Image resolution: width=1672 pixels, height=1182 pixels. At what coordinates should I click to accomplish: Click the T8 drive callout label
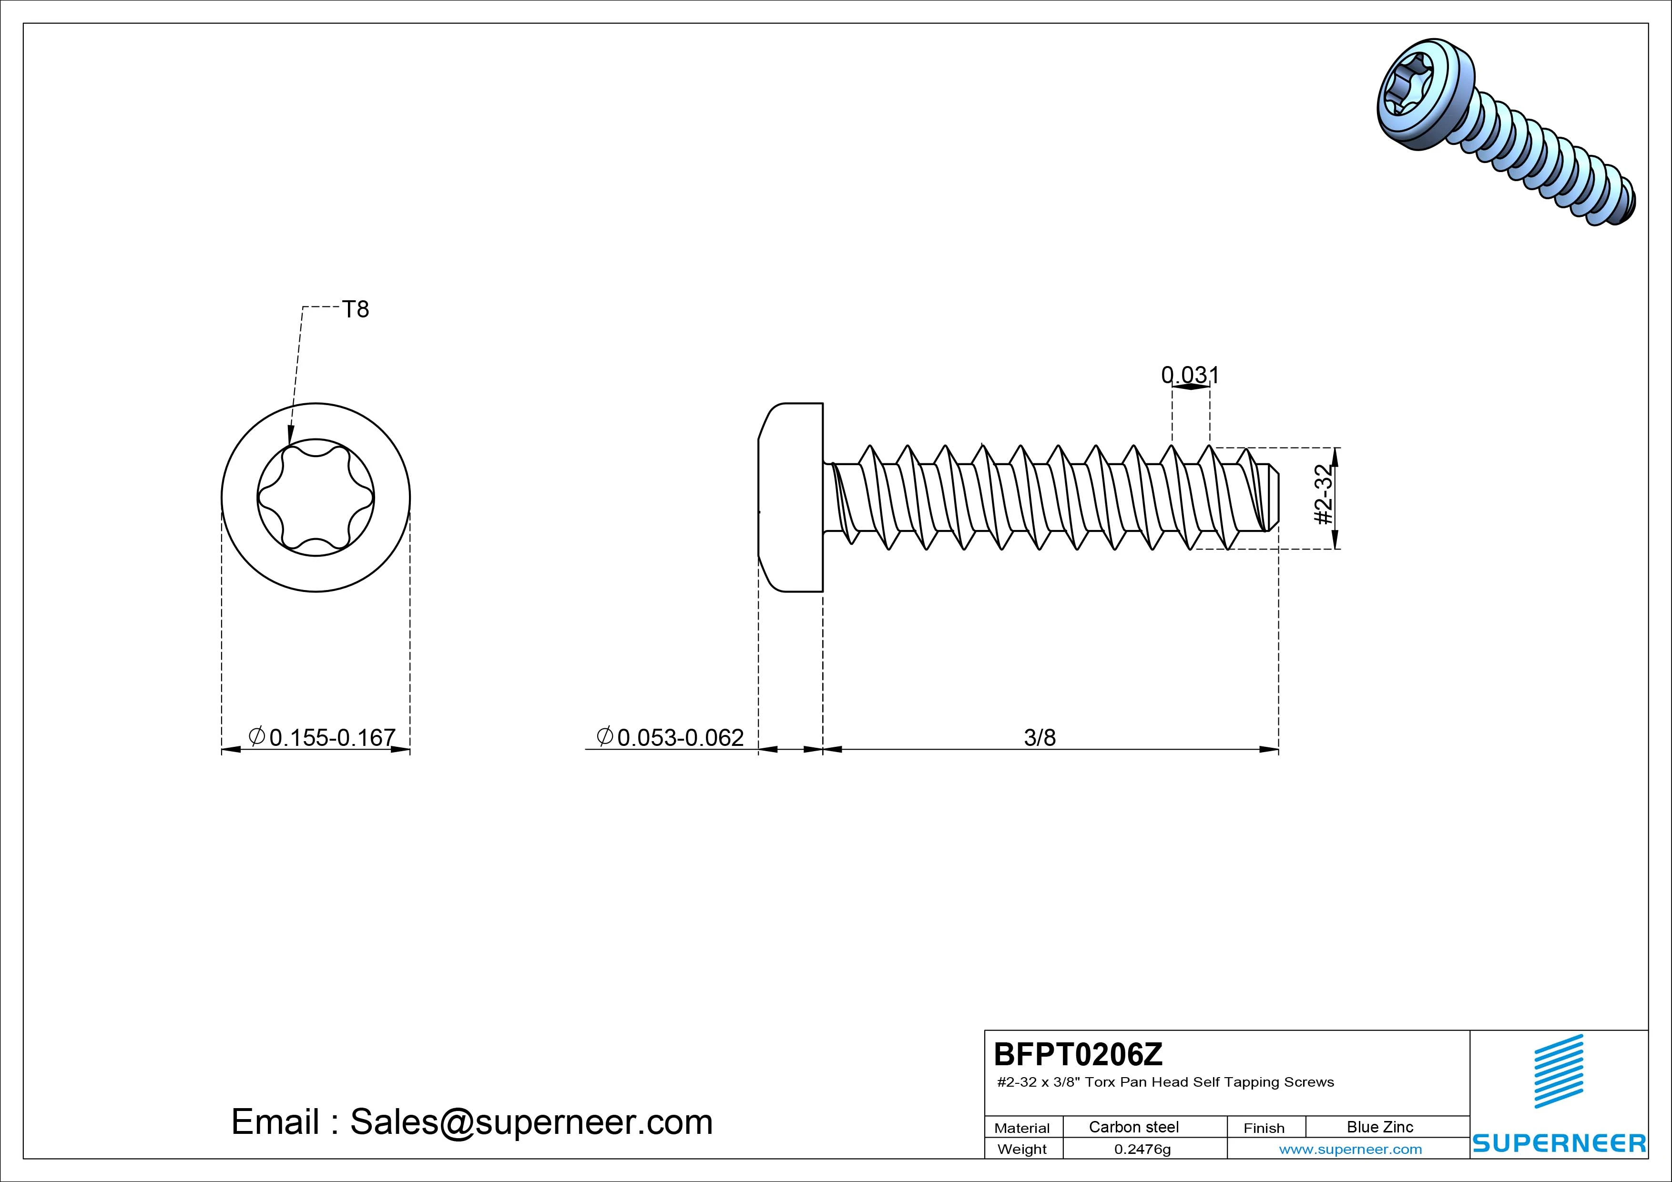point(356,309)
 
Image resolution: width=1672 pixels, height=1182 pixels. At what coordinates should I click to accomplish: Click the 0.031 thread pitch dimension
point(1190,375)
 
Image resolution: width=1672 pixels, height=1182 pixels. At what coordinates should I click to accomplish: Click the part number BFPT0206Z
point(1079,1054)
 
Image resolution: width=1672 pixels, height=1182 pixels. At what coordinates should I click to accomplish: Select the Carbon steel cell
point(1134,1127)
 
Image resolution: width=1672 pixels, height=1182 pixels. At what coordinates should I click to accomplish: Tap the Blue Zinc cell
point(1380,1127)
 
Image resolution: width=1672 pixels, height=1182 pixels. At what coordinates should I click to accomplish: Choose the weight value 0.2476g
point(1142,1149)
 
